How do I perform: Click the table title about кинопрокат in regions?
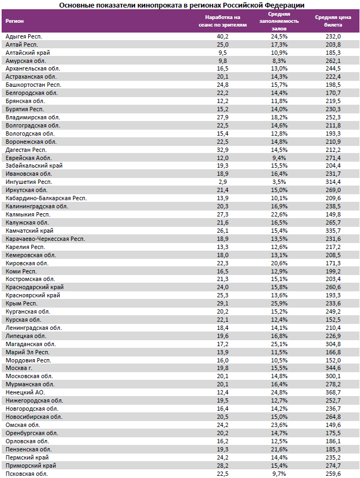(182, 5)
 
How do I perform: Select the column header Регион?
(14, 21)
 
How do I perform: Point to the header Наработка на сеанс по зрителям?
(223, 21)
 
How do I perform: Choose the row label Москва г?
(19, 368)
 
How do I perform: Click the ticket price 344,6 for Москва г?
(332, 368)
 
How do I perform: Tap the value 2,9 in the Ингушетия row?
(223, 182)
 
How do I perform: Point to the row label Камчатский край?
(29, 231)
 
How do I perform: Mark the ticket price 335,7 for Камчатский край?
(332, 231)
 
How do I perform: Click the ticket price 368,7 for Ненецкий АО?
(332, 393)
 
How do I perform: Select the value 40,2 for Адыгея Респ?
(223, 36)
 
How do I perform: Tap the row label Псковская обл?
(27, 474)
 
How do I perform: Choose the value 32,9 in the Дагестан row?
(223, 150)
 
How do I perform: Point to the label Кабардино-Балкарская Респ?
(46, 198)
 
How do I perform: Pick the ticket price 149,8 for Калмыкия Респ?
(332, 214)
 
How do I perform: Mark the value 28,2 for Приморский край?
(223, 466)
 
